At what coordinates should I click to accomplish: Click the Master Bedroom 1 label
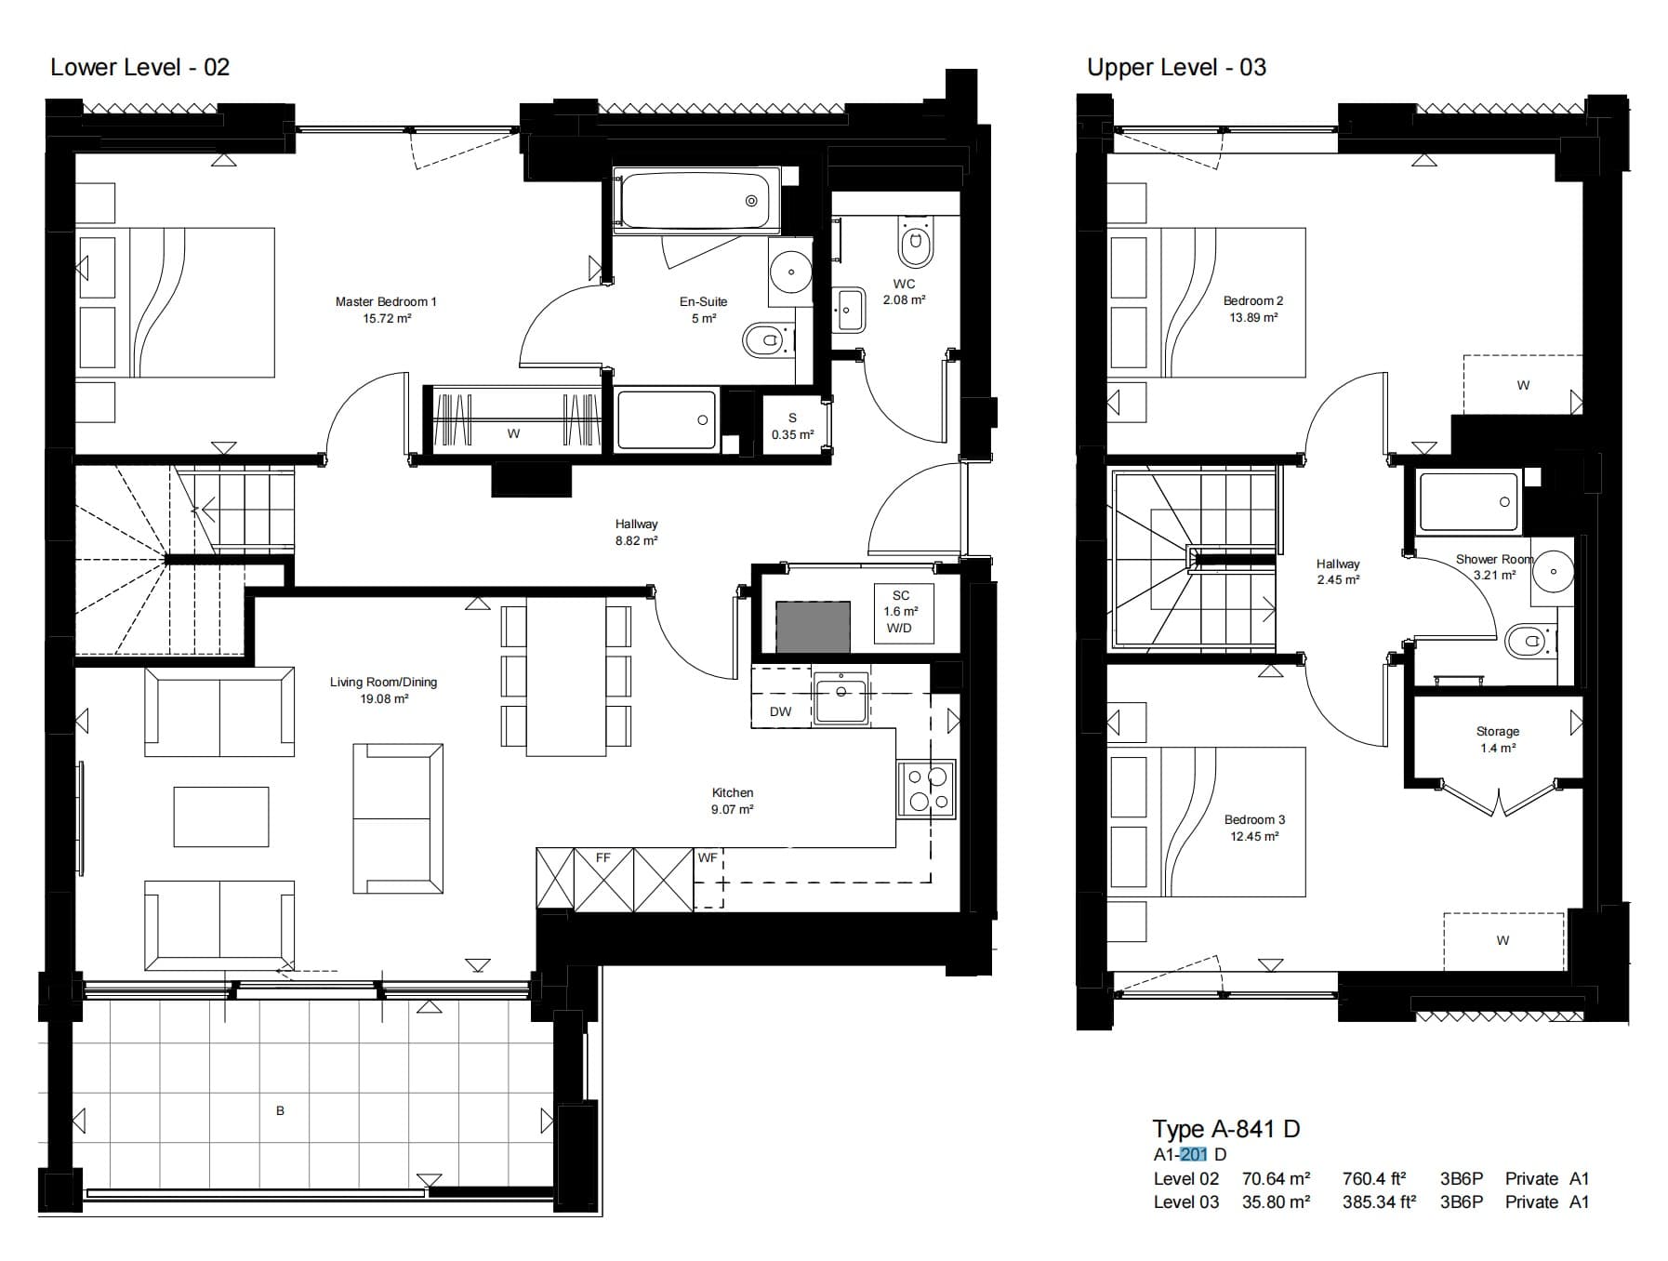pos(386,310)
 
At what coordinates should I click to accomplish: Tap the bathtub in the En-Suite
pos(700,201)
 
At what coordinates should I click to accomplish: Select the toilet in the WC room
pos(915,243)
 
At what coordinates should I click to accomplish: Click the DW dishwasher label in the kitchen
pos(780,711)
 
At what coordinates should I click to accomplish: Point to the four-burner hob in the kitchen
pos(926,790)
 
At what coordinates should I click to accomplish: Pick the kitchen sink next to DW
pos(841,697)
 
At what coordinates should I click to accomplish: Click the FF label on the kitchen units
pos(602,857)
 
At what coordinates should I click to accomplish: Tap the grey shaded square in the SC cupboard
pos(813,626)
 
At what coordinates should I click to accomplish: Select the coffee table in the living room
pos(221,816)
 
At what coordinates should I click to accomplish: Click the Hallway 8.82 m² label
pos(636,532)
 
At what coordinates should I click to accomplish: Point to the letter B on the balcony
pos(280,1110)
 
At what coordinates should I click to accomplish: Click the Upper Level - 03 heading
pos(1176,67)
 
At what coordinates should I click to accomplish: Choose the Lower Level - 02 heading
pos(139,67)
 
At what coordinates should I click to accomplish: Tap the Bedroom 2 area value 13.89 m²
pos(1253,317)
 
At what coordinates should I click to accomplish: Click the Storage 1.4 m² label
pos(1497,739)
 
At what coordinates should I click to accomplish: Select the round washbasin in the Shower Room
pos(1554,570)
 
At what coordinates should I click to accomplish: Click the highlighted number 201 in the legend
pos(1193,1154)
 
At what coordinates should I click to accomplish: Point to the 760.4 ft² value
pos(1373,1178)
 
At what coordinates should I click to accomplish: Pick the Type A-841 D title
pos(1226,1129)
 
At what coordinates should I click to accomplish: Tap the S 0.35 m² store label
pos(792,426)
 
